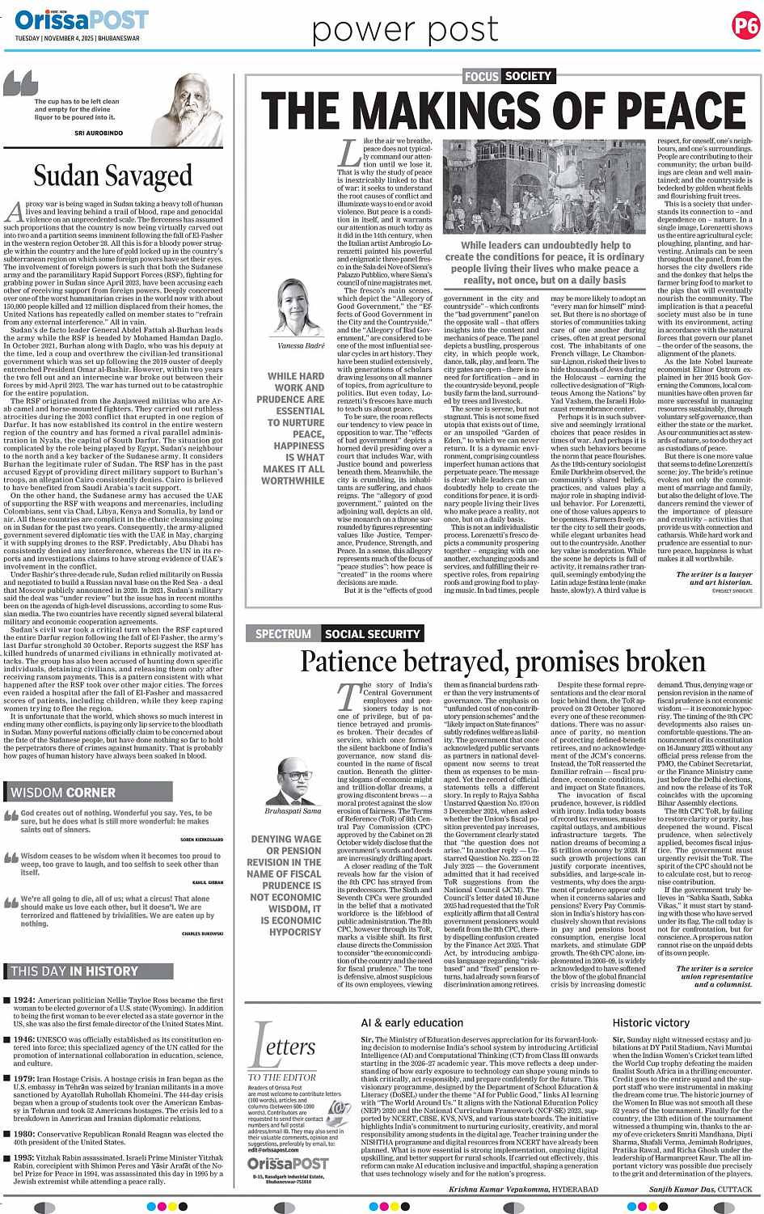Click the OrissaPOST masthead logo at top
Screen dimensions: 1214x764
[x=81, y=19]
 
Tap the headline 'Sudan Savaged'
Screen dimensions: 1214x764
[x=113, y=176]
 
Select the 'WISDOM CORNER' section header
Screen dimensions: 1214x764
[x=63, y=792]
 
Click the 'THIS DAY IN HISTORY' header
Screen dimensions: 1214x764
[x=74, y=971]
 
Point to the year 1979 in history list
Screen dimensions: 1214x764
[x=24, y=1078]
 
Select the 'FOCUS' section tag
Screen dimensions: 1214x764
[x=481, y=76]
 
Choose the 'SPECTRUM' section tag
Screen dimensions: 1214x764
[x=283, y=634]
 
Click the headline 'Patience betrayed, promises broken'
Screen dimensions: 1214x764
[x=502, y=662]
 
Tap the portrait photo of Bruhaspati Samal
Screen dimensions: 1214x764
[x=293, y=775]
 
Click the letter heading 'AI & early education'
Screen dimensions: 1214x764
[x=412, y=1022]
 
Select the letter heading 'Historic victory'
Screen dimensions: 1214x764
[x=650, y=1022]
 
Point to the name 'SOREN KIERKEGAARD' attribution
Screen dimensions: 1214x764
[x=201, y=840]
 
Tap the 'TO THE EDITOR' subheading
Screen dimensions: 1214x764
[x=282, y=1077]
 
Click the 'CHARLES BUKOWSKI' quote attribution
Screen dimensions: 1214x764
[x=202, y=933]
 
